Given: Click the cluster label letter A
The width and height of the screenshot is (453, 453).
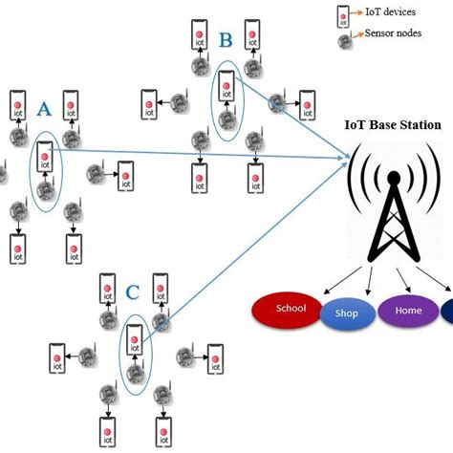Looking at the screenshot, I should pos(43,111).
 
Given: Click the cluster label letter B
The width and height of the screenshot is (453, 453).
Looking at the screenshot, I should pos(226,41).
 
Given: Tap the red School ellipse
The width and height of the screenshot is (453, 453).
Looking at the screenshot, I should pos(290,310).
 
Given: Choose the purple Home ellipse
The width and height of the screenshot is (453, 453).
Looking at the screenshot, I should pos(407,310).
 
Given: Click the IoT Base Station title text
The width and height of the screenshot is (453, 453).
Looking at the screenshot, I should pos(393,125).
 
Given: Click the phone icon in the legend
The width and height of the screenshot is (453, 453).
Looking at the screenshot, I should pos(341,14).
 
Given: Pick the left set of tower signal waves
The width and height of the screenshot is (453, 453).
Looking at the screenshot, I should pos(361,183).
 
